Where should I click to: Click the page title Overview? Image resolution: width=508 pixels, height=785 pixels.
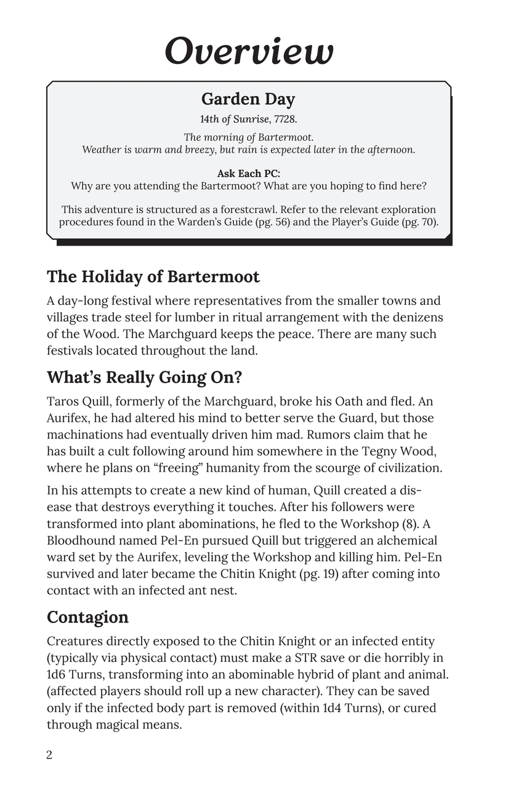pos(249,50)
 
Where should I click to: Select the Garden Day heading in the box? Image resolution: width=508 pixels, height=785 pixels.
pos(248,99)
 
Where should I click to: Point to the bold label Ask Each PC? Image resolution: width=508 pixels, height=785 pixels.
pos(248,174)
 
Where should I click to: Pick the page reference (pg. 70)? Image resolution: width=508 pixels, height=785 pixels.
pos(418,222)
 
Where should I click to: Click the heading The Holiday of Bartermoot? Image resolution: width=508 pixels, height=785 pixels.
pos(153,276)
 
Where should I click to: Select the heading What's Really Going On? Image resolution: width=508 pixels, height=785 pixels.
pos(144,376)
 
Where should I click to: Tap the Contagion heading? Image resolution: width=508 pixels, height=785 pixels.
pos(87,617)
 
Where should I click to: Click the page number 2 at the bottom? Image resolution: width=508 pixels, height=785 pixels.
pos(49,755)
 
